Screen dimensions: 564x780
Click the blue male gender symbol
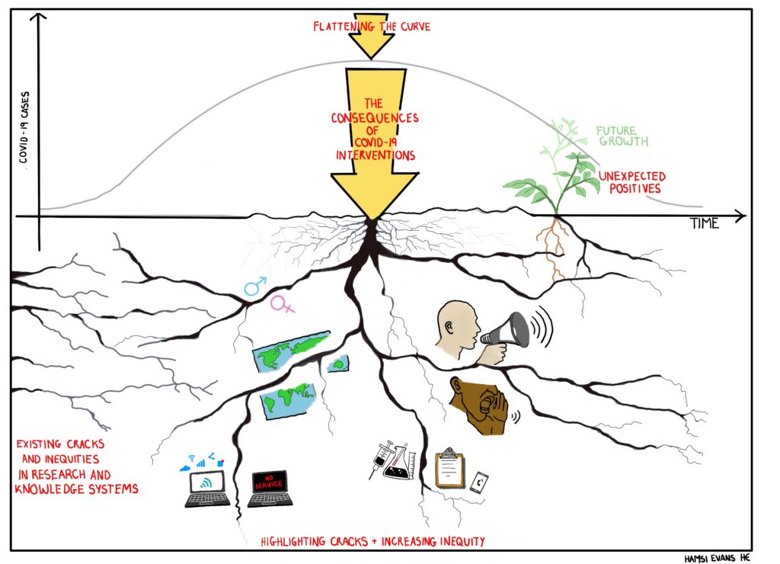click(253, 287)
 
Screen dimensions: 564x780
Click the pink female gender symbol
click(283, 305)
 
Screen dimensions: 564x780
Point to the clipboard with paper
click(449, 470)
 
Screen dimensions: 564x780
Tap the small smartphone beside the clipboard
click(480, 482)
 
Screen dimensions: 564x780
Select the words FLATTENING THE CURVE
click(372, 27)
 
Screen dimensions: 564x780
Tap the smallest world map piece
click(338, 364)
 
